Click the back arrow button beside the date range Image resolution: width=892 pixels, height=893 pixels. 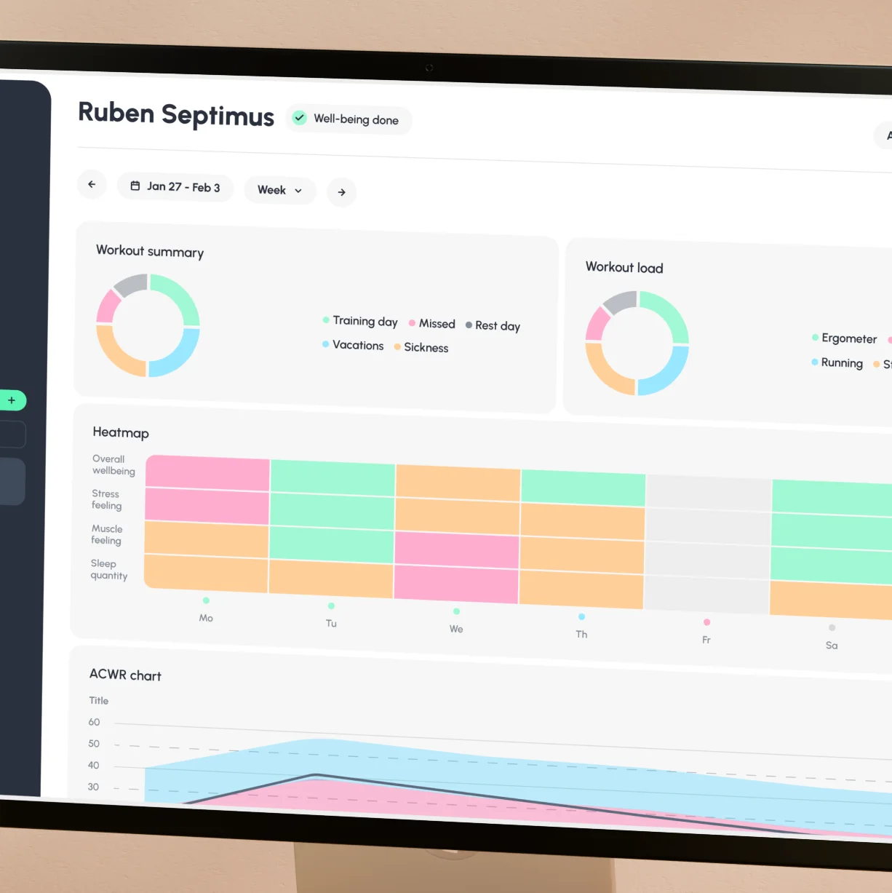(x=92, y=184)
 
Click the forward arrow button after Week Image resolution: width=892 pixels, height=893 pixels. (x=341, y=192)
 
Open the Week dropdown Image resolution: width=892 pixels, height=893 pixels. (x=279, y=190)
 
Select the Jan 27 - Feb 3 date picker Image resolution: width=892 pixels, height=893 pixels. (x=175, y=187)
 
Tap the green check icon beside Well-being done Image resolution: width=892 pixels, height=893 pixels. (x=299, y=117)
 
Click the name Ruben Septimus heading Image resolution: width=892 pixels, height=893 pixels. (x=176, y=114)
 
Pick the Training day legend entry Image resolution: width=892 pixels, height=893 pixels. (x=360, y=321)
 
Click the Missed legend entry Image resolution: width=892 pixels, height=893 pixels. (x=432, y=323)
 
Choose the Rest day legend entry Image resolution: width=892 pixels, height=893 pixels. (x=493, y=325)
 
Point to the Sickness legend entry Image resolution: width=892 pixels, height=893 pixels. (x=421, y=347)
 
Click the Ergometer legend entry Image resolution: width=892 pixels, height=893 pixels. (x=845, y=338)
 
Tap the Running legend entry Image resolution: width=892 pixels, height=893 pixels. (x=837, y=362)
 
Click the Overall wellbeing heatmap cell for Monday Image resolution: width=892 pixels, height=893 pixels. (x=208, y=473)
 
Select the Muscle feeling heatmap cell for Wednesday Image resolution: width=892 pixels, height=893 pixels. (x=457, y=549)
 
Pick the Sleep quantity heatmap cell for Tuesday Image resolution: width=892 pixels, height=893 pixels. (x=332, y=579)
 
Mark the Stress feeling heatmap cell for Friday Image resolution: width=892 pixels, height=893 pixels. (x=708, y=525)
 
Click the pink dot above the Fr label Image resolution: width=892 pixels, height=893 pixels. (x=706, y=622)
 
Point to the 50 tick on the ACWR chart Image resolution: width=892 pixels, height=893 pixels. (x=94, y=744)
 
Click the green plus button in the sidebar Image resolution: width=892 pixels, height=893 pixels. (x=12, y=400)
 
